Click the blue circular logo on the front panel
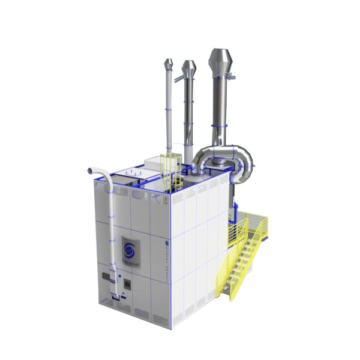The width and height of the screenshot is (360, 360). [x=131, y=248]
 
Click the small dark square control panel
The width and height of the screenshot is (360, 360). [x=127, y=282]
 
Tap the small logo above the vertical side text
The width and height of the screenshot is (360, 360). [x=166, y=242]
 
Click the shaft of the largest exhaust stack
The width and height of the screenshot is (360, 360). [x=220, y=108]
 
